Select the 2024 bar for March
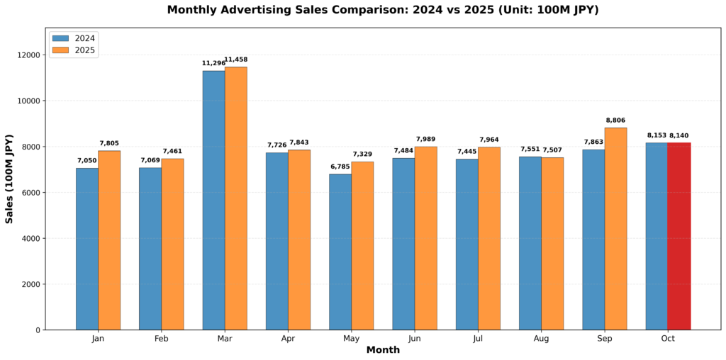click(213, 200)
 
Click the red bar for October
click(678, 236)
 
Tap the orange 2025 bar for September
click(615, 228)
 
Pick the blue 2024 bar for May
click(340, 252)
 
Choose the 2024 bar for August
click(530, 243)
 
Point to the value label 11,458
click(235, 60)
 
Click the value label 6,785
click(340, 167)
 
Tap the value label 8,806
click(615, 120)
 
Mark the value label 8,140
click(678, 135)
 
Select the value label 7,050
click(87, 160)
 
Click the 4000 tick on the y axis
click(31, 238)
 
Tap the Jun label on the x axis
click(415, 339)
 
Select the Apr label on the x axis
click(288, 339)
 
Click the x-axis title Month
click(383, 350)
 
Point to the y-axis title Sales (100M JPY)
click(10, 179)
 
